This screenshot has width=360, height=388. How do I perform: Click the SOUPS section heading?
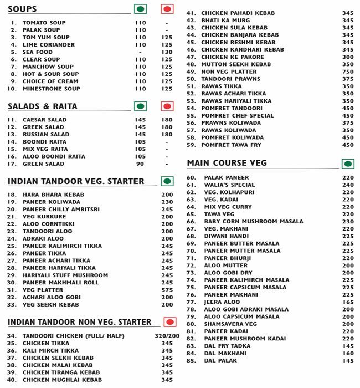pyautogui.click(x=23, y=9)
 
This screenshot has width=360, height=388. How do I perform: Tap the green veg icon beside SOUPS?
pyautogui.click(x=141, y=9)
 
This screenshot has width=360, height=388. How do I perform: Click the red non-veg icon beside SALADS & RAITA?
pyautogui.click(x=167, y=106)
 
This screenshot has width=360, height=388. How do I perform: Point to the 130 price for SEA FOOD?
pyautogui.click(x=167, y=52)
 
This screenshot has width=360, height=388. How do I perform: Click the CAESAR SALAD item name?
pyautogui.click(x=44, y=120)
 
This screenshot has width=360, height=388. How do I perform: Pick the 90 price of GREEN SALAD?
pyautogui.click(x=140, y=164)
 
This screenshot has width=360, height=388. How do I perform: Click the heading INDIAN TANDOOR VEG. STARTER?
pyautogui.click(x=76, y=181)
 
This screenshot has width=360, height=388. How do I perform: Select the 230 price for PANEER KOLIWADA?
pyautogui.click(x=167, y=202)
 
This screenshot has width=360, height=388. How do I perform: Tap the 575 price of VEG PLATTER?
pyautogui.click(x=167, y=290)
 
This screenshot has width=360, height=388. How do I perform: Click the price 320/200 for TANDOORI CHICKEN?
pyautogui.click(x=167, y=336)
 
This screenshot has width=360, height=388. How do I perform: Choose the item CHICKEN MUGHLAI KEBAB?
pyautogui.click(x=61, y=379)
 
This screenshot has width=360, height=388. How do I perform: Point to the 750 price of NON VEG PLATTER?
pyautogui.click(x=348, y=72)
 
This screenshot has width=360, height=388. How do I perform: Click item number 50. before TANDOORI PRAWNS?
pyautogui.click(x=191, y=79)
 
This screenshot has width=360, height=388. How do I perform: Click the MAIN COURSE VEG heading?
pyautogui.click(x=227, y=163)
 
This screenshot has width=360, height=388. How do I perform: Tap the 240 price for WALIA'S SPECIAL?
pyautogui.click(x=348, y=185)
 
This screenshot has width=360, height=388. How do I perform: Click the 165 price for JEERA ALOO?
pyautogui.click(x=348, y=302)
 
